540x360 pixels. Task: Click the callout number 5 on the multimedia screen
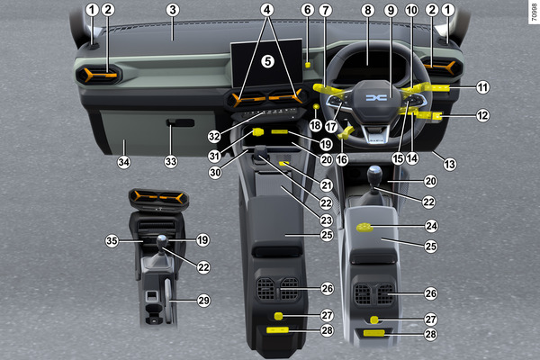point(267,62)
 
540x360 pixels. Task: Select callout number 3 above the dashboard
point(173,10)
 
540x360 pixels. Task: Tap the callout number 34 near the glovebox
point(124,162)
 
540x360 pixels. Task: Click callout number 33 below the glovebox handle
point(171,161)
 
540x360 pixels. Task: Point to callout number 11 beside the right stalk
point(482,87)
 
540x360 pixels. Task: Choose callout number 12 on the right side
point(482,115)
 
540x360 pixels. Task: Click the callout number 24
point(431,226)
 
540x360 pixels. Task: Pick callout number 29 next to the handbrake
point(203,301)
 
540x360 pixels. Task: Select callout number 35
point(112,240)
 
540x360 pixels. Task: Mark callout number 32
point(214,137)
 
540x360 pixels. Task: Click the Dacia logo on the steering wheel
point(376,98)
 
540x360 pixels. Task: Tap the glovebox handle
point(180,122)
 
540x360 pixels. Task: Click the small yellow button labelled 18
point(316,107)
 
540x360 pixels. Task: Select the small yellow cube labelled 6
point(308,65)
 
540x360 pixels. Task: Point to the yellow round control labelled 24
point(364,228)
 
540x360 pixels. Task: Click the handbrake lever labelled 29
point(167,301)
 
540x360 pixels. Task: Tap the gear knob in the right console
point(374,174)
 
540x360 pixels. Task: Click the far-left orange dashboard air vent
point(99,75)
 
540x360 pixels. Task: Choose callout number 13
point(450,164)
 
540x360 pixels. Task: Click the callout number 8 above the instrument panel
point(368,10)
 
